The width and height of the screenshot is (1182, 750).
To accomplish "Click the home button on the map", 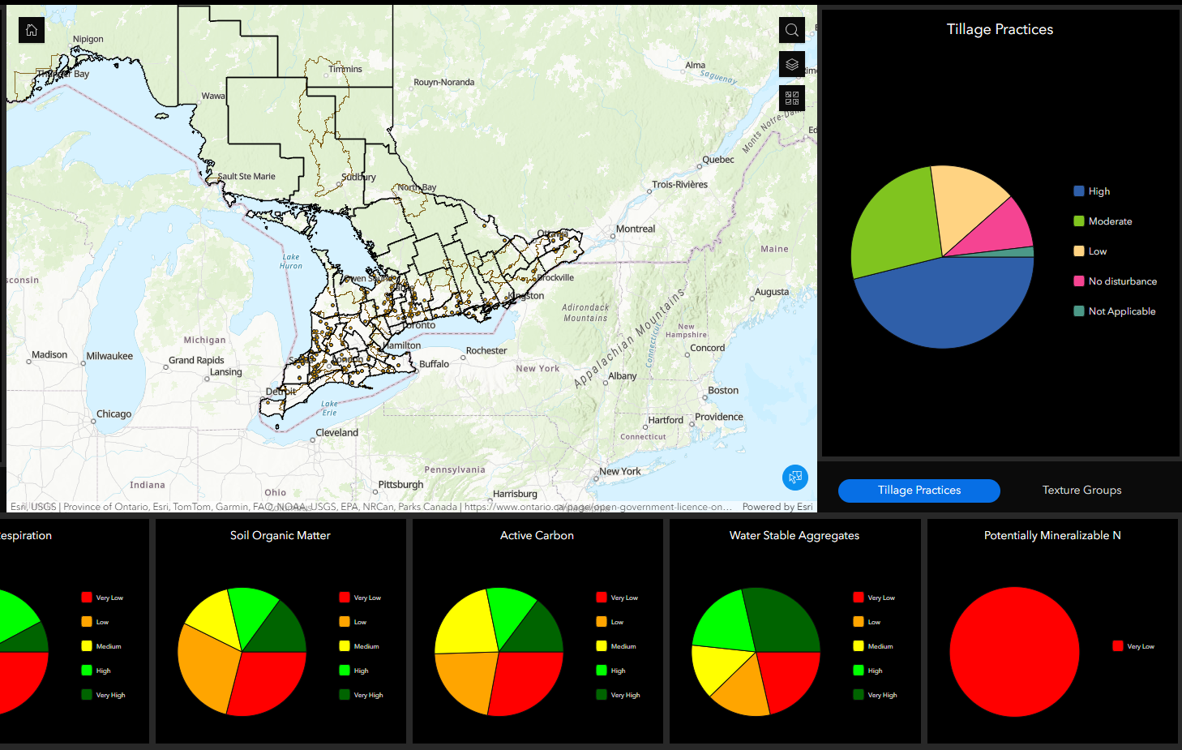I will pyautogui.click(x=32, y=30).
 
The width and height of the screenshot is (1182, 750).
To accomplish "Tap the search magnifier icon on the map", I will pyautogui.click(x=792, y=30).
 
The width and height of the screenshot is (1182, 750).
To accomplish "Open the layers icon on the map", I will pyautogui.click(x=792, y=64).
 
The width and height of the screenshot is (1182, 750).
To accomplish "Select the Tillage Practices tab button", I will pyautogui.click(x=919, y=491).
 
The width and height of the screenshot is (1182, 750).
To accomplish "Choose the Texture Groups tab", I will pyautogui.click(x=1081, y=491).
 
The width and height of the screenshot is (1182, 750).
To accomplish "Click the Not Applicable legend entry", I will pyautogui.click(x=1121, y=311).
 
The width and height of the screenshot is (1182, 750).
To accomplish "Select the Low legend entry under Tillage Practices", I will pyautogui.click(x=1097, y=251).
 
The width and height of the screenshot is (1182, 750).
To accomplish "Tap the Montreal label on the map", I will pyautogui.click(x=635, y=229).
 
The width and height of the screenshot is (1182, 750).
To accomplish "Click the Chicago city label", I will pyautogui.click(x=113, y=414).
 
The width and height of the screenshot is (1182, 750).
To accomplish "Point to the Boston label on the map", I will pyautogui.click(x=723, y=391).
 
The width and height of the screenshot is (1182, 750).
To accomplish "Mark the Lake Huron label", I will pyautogui.click(x=291, y=261).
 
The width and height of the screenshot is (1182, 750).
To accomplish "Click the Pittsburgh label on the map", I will pyautogui.click(x=400, y=485).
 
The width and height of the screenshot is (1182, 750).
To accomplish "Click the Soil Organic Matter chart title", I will pyautogui.click(x=280, y=536).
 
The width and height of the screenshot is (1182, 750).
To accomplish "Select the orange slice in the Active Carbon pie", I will pyautogui.click(x=464, y=680).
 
